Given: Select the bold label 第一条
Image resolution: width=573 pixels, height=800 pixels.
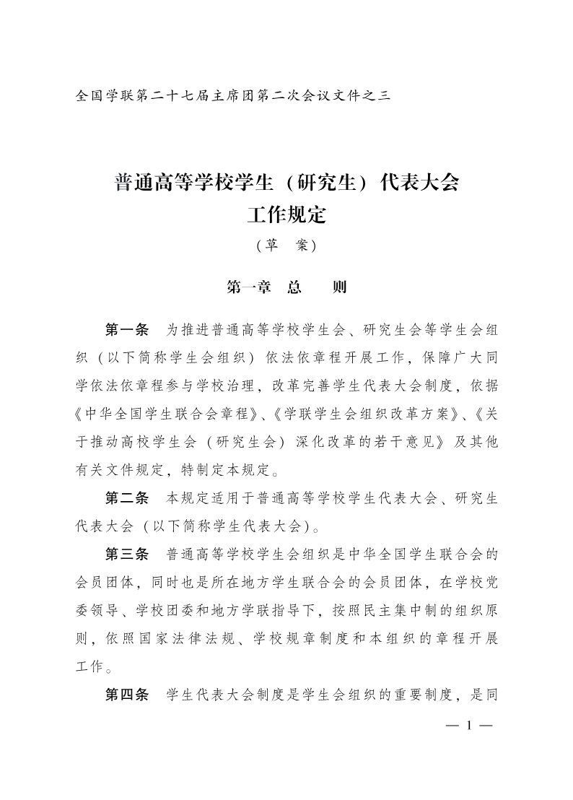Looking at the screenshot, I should [127, 331].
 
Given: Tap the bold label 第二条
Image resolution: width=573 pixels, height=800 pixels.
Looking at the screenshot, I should [127, 497].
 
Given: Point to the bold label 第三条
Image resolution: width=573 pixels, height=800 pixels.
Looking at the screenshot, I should [127, 554].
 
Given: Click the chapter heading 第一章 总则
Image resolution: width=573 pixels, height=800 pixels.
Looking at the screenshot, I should [286, 287].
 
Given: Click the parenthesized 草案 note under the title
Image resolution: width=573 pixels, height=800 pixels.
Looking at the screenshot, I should [286, 245].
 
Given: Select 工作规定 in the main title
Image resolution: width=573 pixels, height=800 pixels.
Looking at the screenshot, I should [286, 214].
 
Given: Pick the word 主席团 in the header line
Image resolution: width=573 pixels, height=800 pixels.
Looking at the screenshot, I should [229, 95].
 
